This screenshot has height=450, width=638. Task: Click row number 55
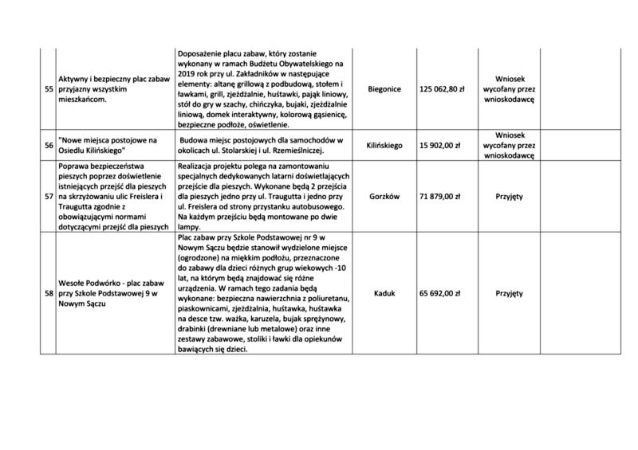[49, 89]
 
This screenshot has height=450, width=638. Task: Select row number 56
[49, 147]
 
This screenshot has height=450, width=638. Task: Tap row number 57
[49, 196]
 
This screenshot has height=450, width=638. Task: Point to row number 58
[49, 293]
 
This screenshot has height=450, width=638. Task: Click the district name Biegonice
[384, 90]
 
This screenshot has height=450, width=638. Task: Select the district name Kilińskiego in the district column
[384, 147]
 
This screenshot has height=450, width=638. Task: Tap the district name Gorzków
[384, 196]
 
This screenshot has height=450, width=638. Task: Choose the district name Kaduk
[384, 293]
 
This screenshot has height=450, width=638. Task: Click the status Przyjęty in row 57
[508, 196]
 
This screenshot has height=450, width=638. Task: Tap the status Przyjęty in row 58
[508, 293]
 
